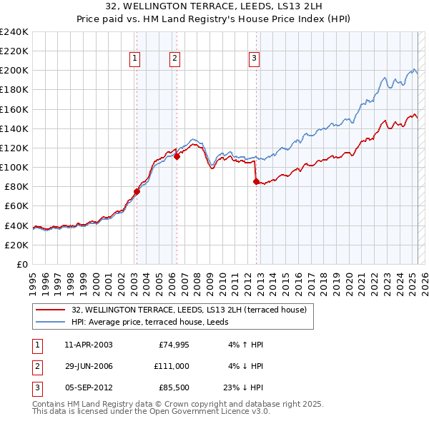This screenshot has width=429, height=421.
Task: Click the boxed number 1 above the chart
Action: click(x=134, y=59)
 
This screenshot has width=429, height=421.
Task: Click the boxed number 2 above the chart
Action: click(x=174, y=59)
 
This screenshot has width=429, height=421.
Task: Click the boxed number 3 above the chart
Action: click(x=254, y=59)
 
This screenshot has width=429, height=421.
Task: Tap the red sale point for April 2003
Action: click(x=137, y=191)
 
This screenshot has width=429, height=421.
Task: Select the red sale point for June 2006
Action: click(x=177, y=156)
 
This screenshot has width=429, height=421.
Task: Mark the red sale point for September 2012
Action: click(x=255, y=181)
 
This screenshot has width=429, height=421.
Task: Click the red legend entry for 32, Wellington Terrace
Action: click(x=189, y=310)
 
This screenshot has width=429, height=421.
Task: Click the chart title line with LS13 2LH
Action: click(x=214, y=11)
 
